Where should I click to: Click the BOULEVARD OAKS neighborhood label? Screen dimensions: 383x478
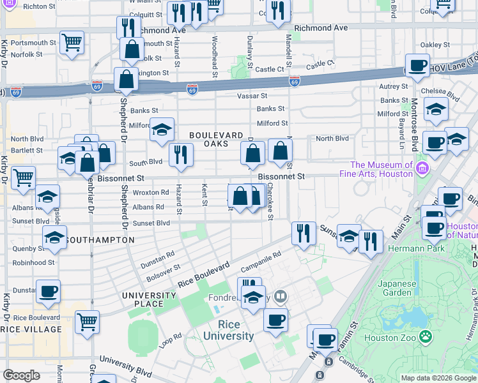(216, 140)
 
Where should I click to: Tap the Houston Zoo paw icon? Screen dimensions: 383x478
(424, 335)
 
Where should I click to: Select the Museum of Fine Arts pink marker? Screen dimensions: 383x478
(421, 169)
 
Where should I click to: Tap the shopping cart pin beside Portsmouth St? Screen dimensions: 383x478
(72, 43)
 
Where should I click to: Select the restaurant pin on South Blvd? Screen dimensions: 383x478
(181, 154)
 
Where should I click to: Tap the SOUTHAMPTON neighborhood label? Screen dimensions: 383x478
(100, 240)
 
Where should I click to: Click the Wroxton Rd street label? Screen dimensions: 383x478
(151, 191)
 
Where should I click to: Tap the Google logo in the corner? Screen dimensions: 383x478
(22, 375)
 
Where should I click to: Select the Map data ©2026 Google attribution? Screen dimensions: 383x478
(438, 378)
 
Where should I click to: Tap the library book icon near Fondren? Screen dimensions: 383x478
(280, 296)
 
